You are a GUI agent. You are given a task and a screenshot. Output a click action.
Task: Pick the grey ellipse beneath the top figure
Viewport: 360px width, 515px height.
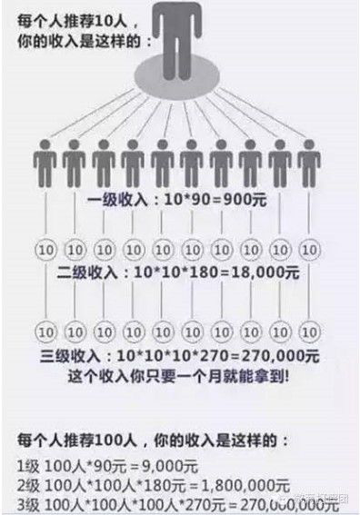(180, 80)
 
